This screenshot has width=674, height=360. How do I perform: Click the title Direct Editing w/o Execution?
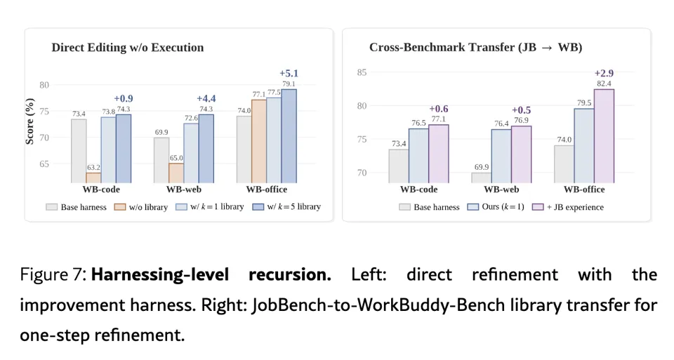pos(128,47)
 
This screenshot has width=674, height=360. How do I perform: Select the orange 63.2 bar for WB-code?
pos(93,178)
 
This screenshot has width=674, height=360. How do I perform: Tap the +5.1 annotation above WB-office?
pos(289,74)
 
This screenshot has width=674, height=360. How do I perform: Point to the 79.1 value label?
pos(289,84)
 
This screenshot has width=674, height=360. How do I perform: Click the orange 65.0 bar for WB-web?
pos(176,173)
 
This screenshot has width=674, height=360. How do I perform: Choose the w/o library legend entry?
pos(140,207)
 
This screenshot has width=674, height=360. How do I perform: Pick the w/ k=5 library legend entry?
pos(286,207)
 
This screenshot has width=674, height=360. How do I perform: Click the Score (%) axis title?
pos(29,121)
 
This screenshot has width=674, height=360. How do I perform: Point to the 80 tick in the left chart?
pos(44,85)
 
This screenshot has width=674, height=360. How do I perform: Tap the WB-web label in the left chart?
pos(184,189)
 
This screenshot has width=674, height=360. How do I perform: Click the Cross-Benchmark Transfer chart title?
pos(476,47)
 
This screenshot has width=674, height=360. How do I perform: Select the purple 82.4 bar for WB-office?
pos(604,136)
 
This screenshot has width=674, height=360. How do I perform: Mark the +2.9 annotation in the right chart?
pos(604,74)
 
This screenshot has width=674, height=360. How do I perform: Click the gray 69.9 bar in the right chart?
pos(482,178)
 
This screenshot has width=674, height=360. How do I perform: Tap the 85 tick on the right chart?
pos(362,72)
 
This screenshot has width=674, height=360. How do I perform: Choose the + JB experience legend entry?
pos(568,207)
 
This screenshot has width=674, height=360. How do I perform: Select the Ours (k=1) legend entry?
pos(496,207)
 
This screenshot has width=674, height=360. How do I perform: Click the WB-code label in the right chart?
pos(418,189)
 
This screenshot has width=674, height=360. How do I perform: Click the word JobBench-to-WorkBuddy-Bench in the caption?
pos(378,305)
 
